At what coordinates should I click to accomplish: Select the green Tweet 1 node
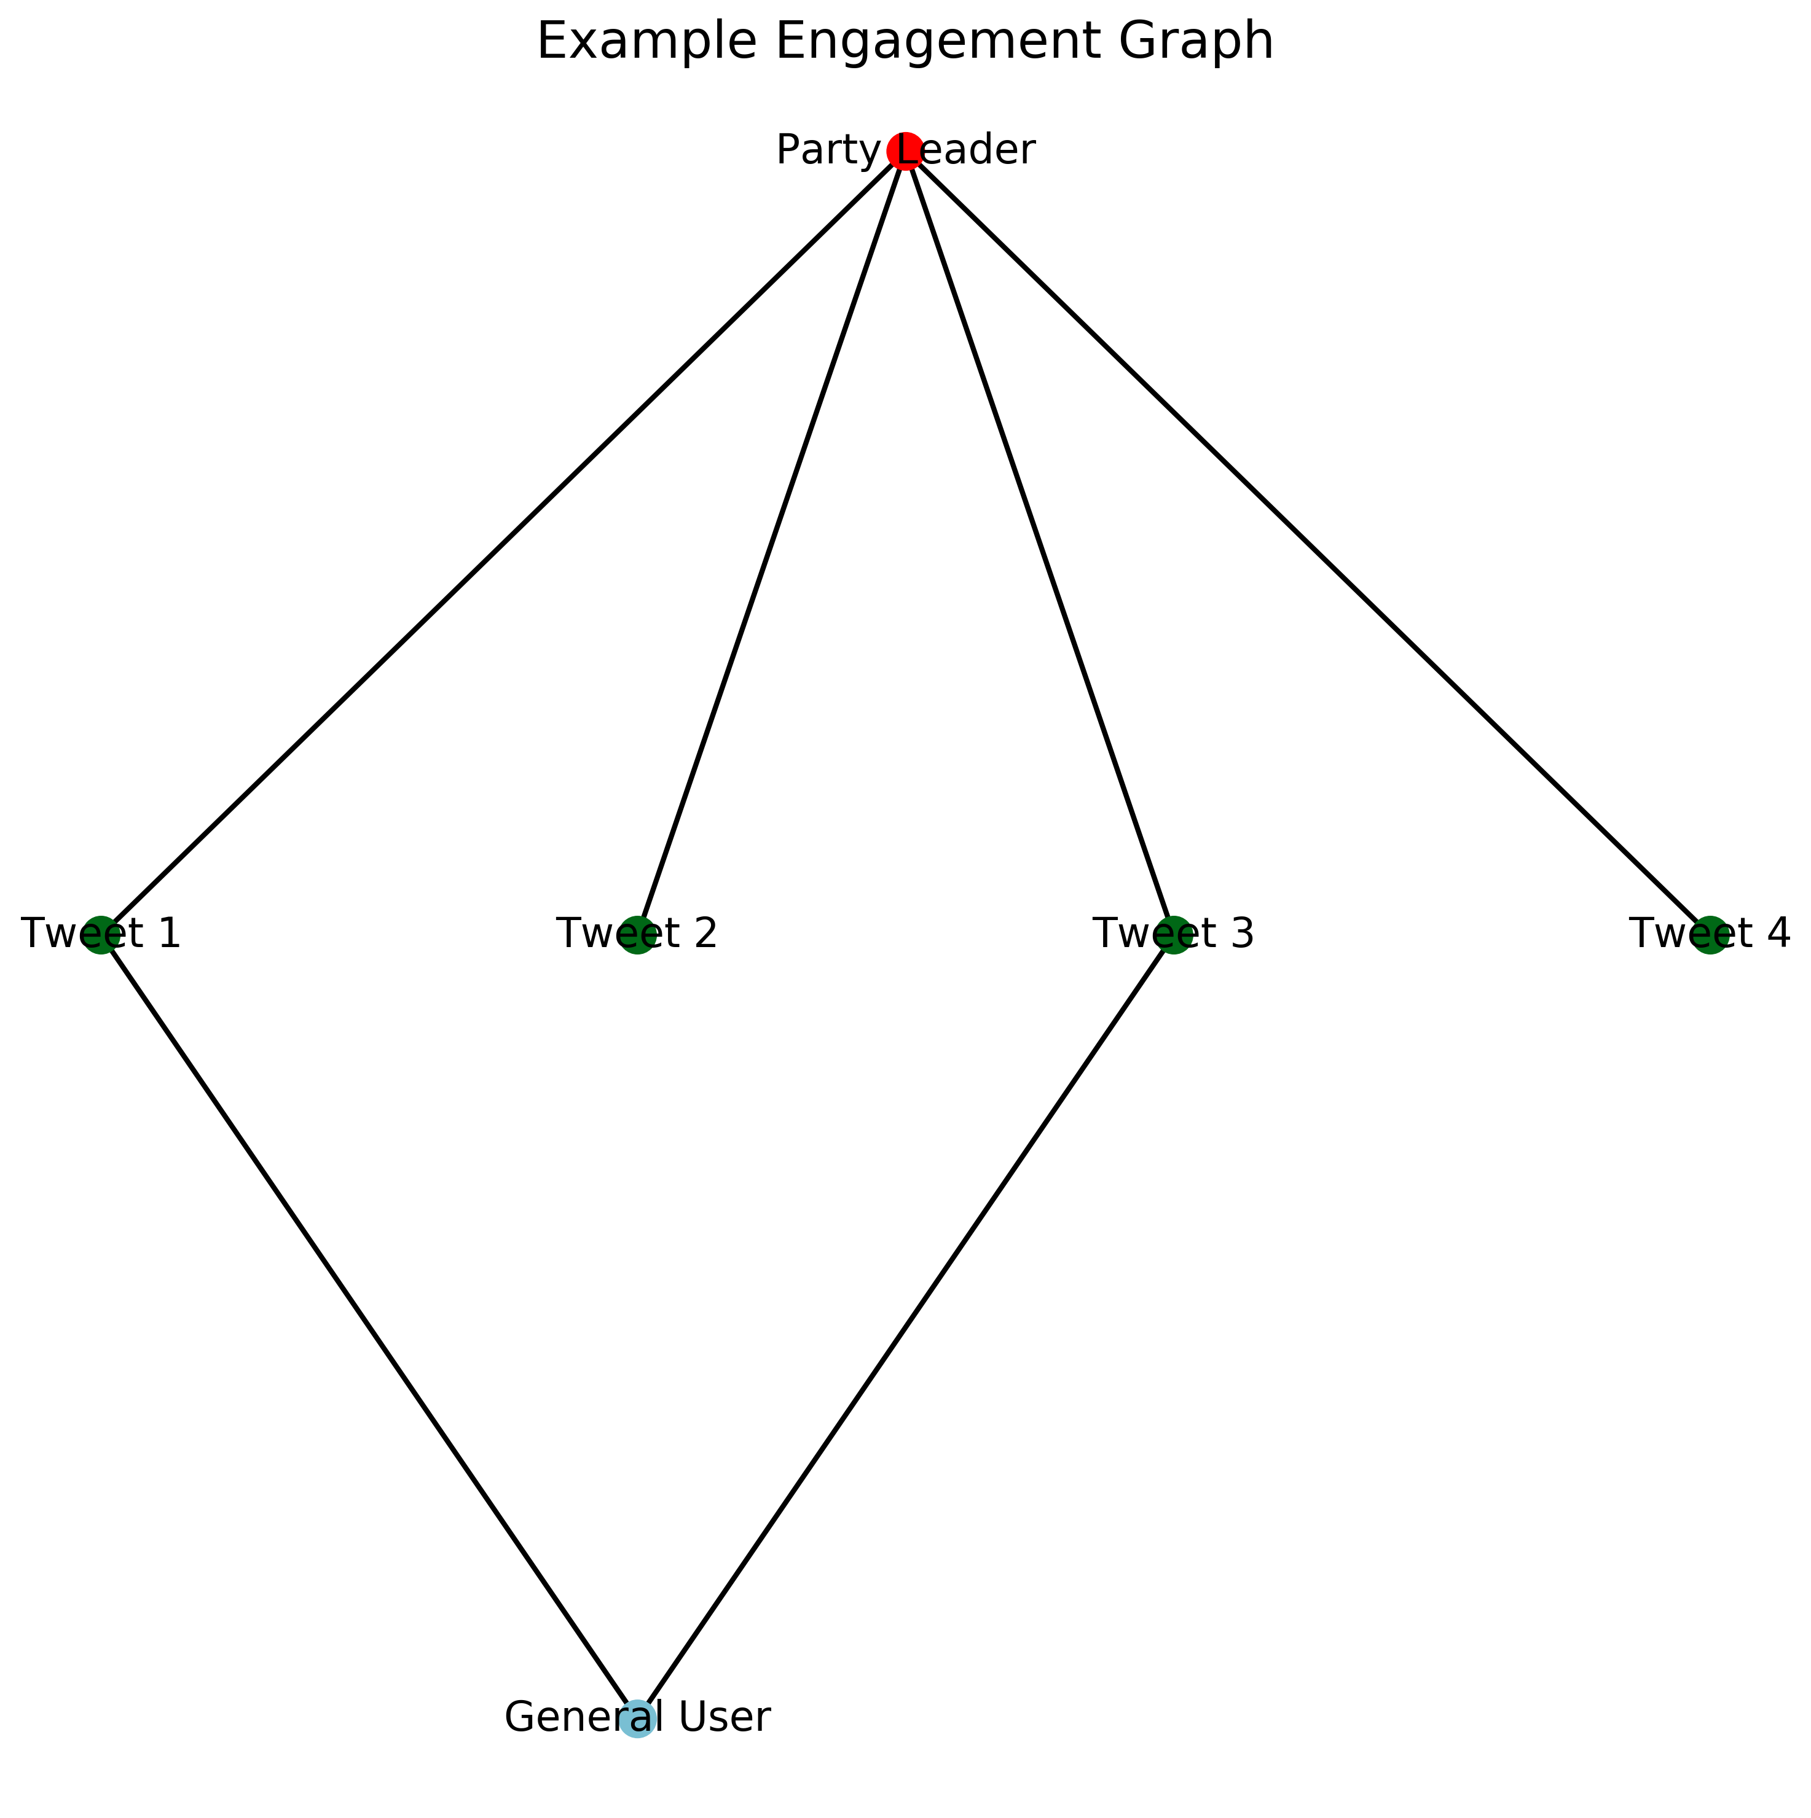click(101, 934)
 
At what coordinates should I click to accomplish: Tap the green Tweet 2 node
click(637, 934)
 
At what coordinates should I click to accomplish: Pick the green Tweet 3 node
click(1174, 934)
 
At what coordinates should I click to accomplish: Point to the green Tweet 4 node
click(1710, 934)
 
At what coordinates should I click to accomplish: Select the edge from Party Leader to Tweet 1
click(503, 542)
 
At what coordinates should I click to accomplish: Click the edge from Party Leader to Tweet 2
click(771, 542)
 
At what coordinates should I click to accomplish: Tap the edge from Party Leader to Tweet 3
click(1039, 542)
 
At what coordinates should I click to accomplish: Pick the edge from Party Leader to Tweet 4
click(1308, 542)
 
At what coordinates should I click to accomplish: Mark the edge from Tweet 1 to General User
click(369, 1326)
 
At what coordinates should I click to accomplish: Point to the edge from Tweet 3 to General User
click(906, 1326)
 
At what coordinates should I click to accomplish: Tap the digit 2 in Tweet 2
click(705, 934)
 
